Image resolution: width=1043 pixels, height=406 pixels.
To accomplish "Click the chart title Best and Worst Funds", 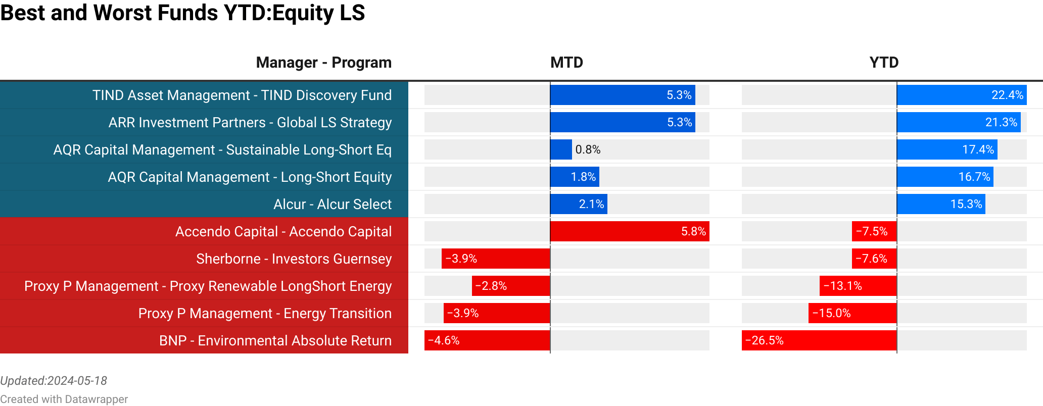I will [x=182, y=13].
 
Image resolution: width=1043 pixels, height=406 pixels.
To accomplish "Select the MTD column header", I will [x=566, y=63].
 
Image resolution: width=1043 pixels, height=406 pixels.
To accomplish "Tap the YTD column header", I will [x=884, y=63].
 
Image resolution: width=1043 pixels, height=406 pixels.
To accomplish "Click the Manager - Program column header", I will [x=323, y=63].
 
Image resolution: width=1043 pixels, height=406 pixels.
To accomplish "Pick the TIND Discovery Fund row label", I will [x=242, y=95].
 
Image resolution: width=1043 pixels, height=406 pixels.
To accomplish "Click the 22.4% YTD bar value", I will [x=1007, y=95].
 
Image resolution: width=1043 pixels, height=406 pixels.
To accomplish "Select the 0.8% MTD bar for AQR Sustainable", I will [x=561, y=149].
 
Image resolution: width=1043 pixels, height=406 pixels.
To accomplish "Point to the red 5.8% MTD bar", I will [x=629, y=231].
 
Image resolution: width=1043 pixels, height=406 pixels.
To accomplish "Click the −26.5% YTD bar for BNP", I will [x=819, y=340].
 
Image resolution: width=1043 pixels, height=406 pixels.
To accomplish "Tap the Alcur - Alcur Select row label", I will [x=332, y=205].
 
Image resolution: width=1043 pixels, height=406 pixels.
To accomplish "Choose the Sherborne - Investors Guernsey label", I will [x=294, y=259].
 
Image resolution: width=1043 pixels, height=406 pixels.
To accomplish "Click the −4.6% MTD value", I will [x=444, y=340].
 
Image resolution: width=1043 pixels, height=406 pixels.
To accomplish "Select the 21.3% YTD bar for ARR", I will [x=959, y=122].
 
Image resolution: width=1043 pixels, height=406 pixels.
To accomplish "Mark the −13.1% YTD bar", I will [x=858, y=286].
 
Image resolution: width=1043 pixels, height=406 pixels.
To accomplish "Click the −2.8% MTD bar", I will [x=511, y=286].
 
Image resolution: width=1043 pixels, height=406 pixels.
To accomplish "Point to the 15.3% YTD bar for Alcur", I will [x=941, y=204].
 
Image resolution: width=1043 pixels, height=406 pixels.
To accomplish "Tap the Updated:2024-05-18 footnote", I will [x=54, y=381].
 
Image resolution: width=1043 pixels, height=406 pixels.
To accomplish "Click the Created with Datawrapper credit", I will [x=64, y=399].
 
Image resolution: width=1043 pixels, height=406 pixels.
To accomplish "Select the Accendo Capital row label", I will [x=283, y=232].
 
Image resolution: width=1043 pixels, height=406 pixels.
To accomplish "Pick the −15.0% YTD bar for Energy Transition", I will [x=852, y=313].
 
